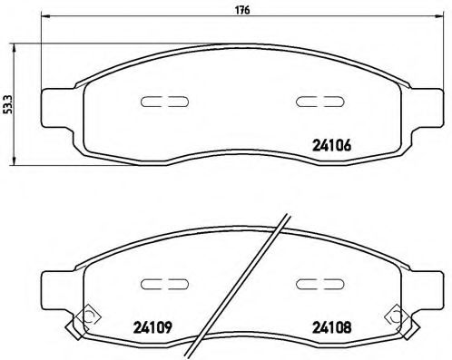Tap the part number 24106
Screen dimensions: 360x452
pos(331,142)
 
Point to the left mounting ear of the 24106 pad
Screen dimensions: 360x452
pos(57,99)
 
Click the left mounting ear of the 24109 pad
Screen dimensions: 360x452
pos(55,287)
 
